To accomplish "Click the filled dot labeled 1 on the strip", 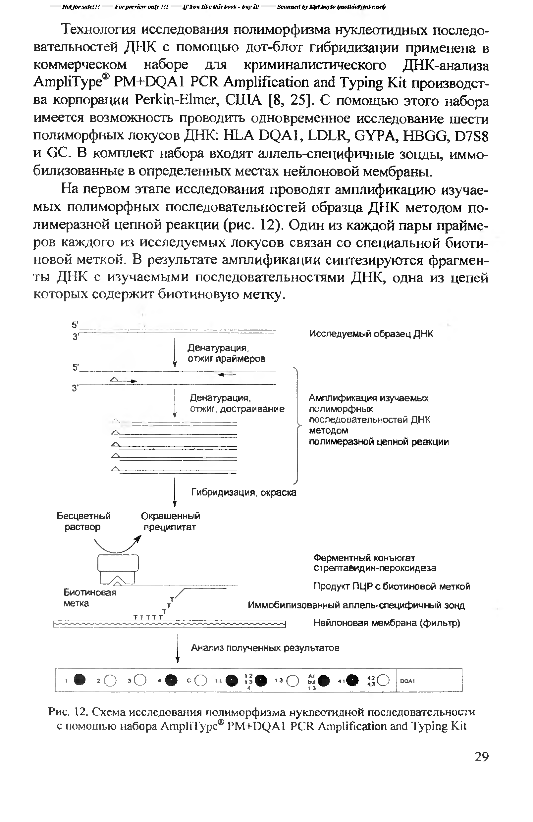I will pyautogui.click(x=80, y=679).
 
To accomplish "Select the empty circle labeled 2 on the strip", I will pyautogui.click(x=110, y=680).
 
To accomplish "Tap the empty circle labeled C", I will pyautogui.click(x=201, y=680).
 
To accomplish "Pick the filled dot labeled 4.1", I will pyautogui.click(x=352, y=680).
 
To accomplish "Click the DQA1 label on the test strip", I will pyautogui.click(x=407, y=681).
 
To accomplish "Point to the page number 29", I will pyautogui.click(x=482, y=757).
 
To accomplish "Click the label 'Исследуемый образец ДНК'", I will pyautogui.click(x=371, y=334).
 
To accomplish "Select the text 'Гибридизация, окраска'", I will pyautogui.click(x=243, y=492).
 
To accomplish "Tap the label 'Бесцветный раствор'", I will pyautogui.click(x=83, y=521).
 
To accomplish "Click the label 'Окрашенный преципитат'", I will pyautogui.click(x=170, y=521).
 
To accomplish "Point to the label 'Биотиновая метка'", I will pyautogui.click(x=89, y=598).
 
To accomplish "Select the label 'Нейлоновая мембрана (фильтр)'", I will pyautogui.click(x=387, y=623).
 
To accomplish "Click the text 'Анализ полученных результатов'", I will pyautogui.click(x=265, y=647).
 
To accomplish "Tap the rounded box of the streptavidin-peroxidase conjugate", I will pyautogui.click(x=118, y=563).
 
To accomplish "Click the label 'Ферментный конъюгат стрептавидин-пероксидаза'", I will pyautogui.click(x=374, y=563).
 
